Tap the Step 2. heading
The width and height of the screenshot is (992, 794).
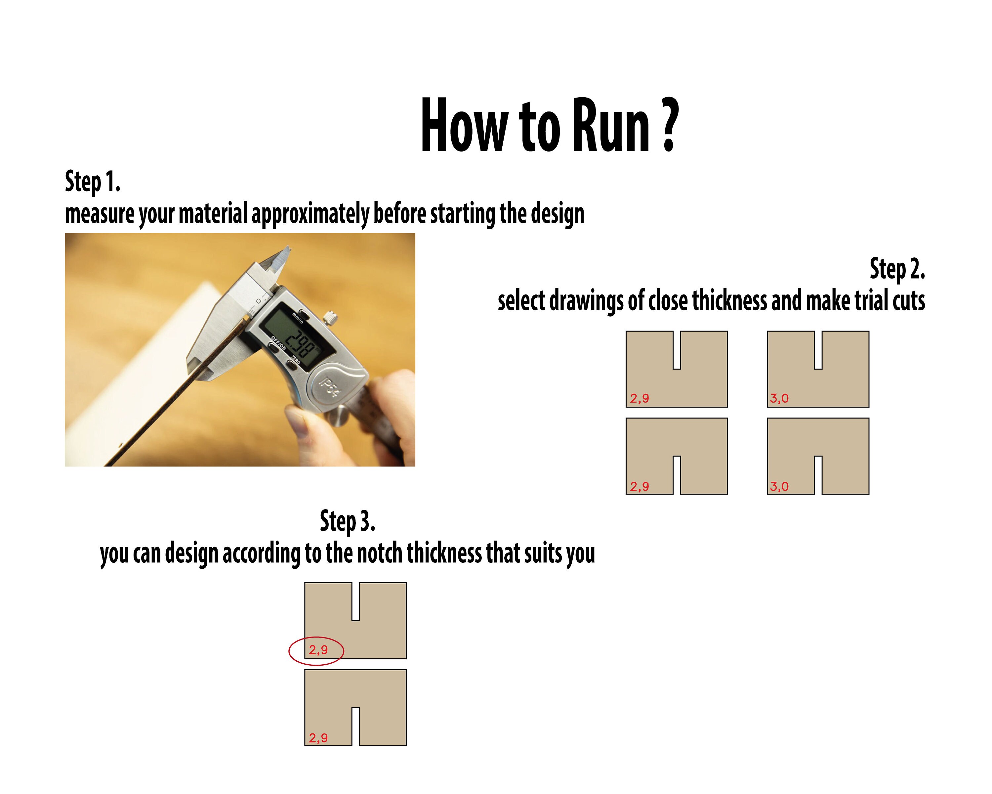click(897, 269)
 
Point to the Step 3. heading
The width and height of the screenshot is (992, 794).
click(348, 521)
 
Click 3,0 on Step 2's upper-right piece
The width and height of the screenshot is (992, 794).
click(779, 399)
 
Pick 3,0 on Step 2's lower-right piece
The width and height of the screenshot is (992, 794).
click(779, 487)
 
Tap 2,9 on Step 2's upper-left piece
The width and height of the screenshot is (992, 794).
click(640, 399)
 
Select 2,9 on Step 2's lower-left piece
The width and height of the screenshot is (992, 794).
click(640, 487)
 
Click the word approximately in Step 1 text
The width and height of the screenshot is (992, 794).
click(310, 214)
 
